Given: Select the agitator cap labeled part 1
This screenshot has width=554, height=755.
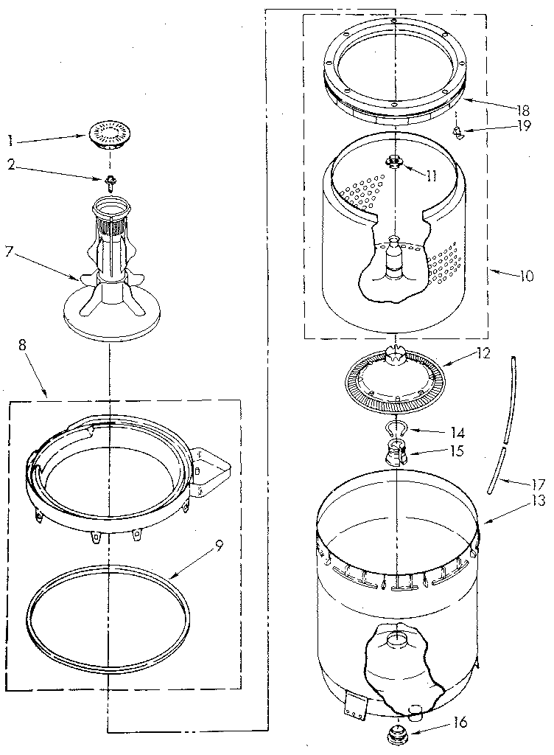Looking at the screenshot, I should (x=108, y=135).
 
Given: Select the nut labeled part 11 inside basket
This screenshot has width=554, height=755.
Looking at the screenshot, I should (x=396, y=163).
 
